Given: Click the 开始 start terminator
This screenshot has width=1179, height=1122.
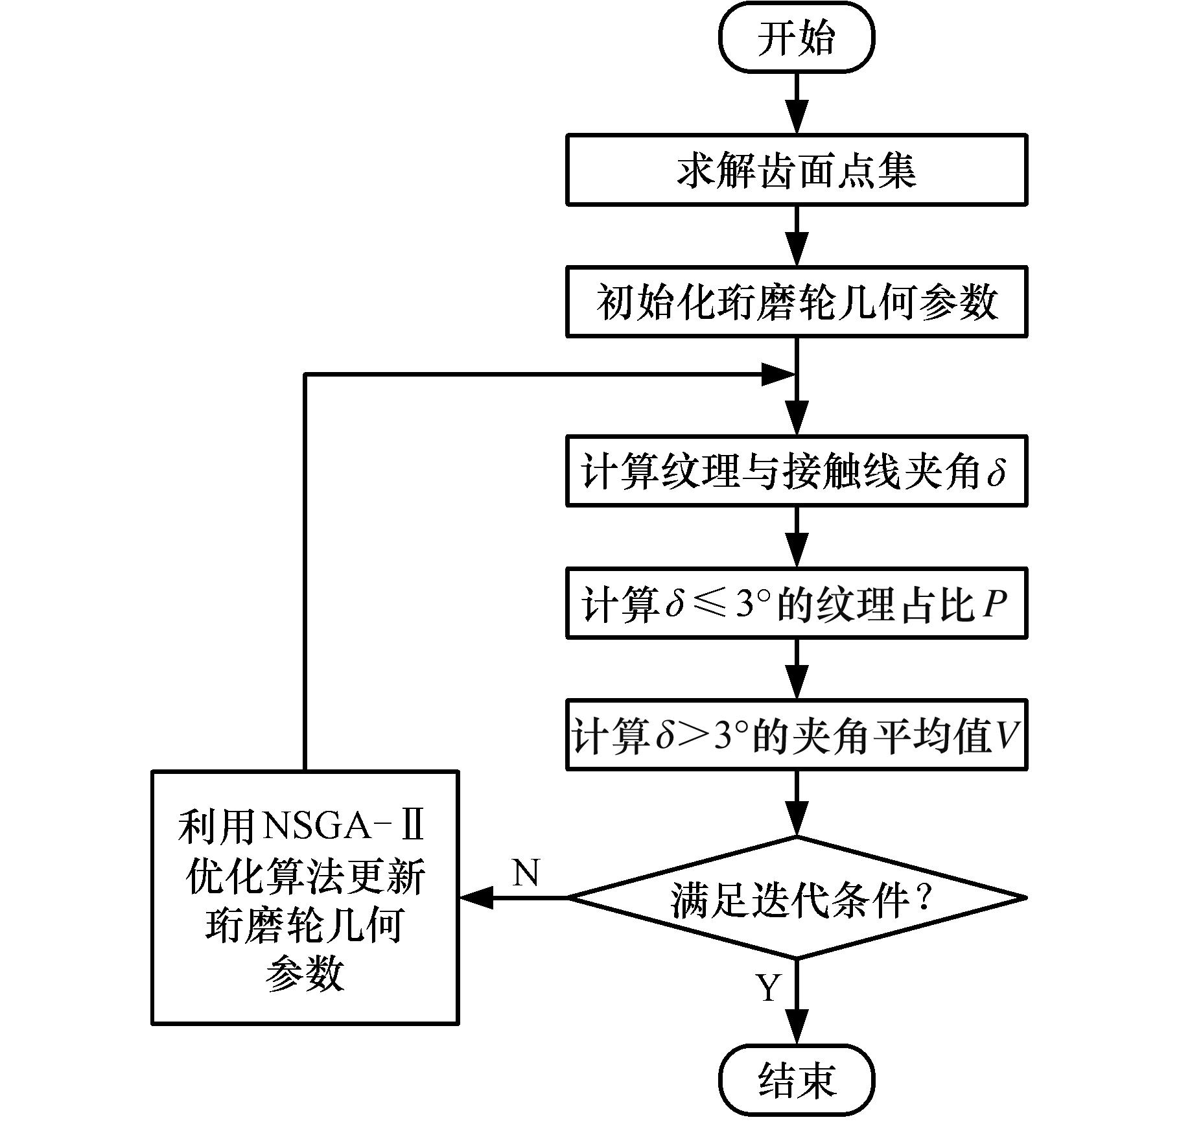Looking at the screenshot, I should coord(797,38).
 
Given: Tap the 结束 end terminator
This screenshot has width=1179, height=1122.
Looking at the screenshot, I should coord(797,1080).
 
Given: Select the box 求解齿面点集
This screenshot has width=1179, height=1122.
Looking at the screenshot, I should coord(797,170).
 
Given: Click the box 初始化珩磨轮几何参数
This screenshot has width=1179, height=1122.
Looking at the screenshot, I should coord(797,302).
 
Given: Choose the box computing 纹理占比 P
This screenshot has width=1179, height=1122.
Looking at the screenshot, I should coord(797,603).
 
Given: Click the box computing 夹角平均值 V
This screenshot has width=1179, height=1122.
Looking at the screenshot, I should coord(797,735).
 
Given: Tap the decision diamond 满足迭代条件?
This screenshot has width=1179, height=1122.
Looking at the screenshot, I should coord(797,898).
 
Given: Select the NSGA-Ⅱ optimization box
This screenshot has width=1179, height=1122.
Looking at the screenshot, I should coord(305,898).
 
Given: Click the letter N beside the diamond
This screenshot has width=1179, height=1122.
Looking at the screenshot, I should coord(526,872).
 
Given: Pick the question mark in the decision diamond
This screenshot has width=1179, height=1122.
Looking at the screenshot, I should coord(923,898).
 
